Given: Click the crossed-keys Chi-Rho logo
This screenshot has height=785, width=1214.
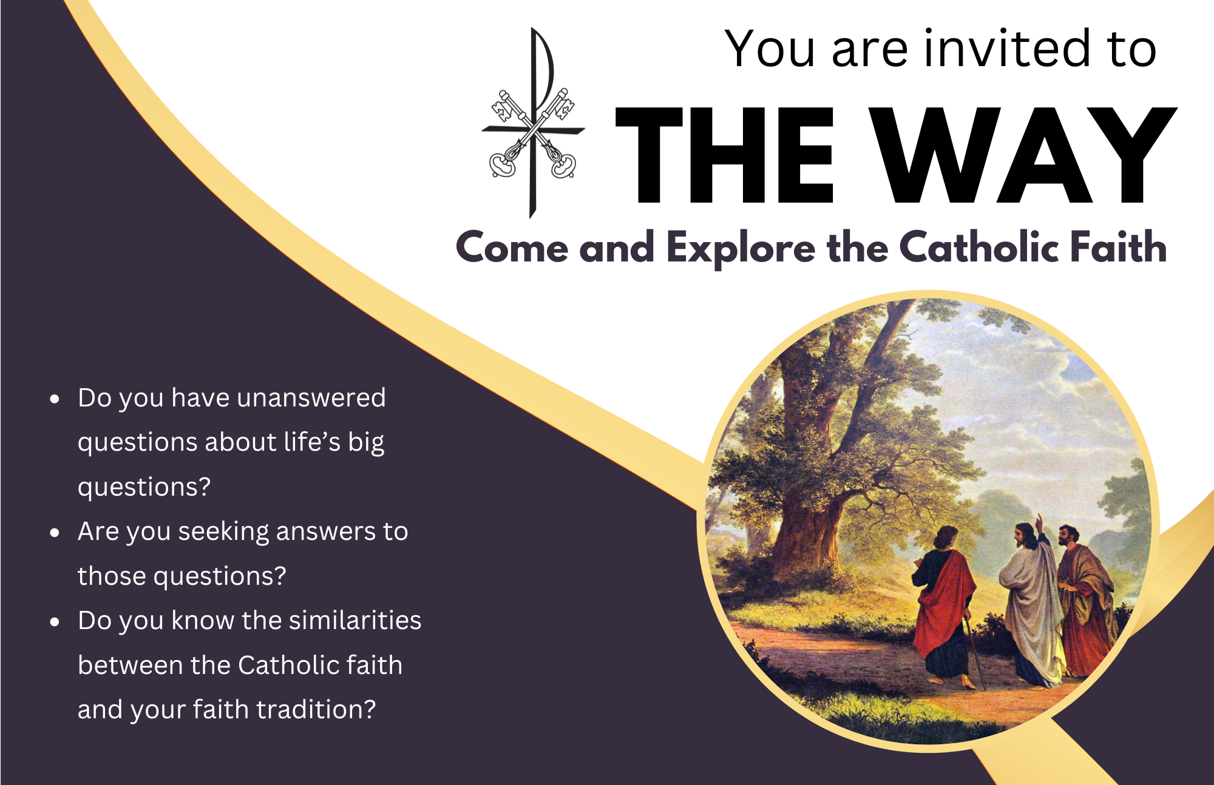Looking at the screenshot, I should pos(533,124).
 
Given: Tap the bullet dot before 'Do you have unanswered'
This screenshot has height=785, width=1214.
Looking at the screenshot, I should pos(55,399).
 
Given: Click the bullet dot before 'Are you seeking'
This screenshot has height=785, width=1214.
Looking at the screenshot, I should pos(55,533).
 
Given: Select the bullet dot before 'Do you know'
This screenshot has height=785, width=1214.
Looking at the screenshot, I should pos(55,622).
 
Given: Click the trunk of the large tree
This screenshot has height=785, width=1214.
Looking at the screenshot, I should pos(807,516).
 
